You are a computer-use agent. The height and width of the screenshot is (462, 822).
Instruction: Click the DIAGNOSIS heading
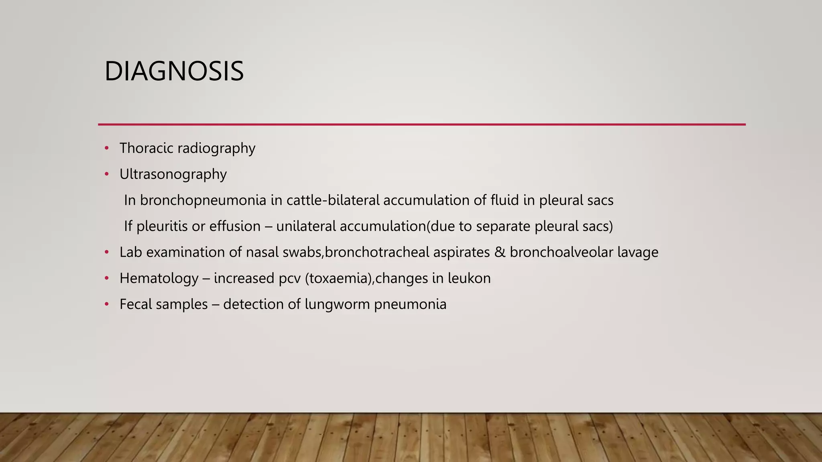tap(174, 71)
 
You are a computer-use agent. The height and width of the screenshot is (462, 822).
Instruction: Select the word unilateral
tap(306, 226)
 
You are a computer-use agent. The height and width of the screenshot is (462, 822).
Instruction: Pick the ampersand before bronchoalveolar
tap(500, 252)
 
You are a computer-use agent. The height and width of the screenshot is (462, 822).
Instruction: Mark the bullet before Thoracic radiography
tap(107, 148)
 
